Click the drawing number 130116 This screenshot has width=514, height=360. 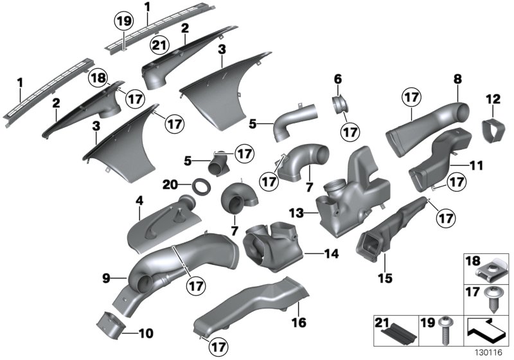click(489, 352)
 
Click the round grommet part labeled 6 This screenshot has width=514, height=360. click(340, 104)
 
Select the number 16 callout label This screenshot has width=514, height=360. click(299, 321)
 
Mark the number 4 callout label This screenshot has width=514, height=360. click(139, 201)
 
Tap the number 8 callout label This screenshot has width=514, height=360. click(457, 79)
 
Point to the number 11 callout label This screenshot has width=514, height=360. click(476, 165)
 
